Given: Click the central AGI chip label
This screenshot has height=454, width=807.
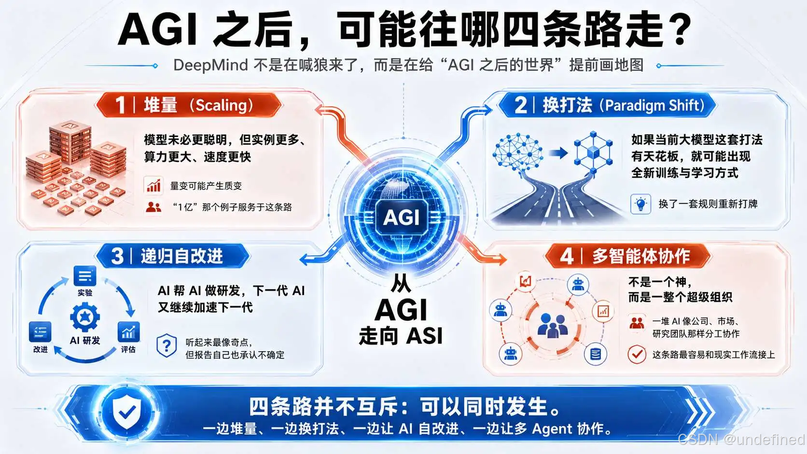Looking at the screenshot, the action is click(x=402, y=217).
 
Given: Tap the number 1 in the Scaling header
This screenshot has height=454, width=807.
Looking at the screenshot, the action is click(x=120, y=105).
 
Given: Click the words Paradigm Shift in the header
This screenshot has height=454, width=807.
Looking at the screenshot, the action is click(x=654, y=106).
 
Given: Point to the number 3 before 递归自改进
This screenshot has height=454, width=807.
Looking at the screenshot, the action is click(x=117, y=256).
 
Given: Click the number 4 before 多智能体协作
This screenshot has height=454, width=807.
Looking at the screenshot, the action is click(x=567, y=256).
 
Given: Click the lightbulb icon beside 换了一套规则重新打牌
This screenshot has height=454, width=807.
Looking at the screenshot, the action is click(x=640, y=204).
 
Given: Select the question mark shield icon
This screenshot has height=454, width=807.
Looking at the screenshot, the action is click(x=167, y=345).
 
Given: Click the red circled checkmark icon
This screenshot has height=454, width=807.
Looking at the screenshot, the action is click(x=637, y=354).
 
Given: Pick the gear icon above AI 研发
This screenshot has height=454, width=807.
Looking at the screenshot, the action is click(x=85, y=317).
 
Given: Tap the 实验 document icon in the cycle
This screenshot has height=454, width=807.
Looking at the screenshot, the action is click(x=85, y=276).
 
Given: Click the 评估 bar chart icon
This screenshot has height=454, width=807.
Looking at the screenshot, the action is click(x=128, y=331).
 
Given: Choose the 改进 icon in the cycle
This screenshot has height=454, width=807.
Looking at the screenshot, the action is click(x=40, y=331).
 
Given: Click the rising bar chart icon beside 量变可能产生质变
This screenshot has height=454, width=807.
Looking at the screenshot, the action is click(x=154, y=185).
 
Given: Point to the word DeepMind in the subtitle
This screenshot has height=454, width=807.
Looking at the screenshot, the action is click(x=210, y=65).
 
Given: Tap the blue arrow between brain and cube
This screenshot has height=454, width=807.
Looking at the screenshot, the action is click(x=558, y=153).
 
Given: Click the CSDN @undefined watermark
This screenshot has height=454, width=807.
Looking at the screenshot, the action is click(x=741, y=440).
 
